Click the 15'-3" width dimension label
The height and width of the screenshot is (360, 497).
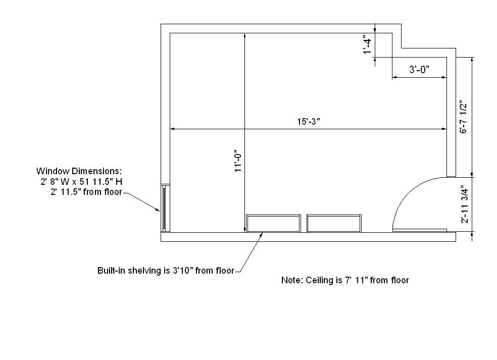point(308,121)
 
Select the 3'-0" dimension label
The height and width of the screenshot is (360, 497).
point(419,69)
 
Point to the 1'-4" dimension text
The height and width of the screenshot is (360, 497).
point(367,46)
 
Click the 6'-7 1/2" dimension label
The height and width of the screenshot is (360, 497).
point(463,117)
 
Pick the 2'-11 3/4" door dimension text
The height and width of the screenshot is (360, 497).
point(464,204)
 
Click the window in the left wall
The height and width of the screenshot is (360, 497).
point(164,208)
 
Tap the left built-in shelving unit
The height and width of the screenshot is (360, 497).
point(273,223)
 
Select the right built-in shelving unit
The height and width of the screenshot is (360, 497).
point(334,223)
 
